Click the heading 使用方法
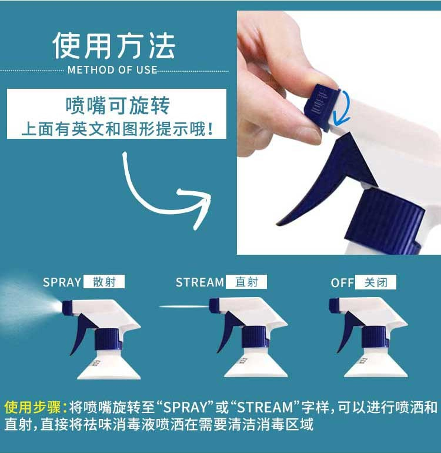114,46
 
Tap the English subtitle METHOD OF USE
112,70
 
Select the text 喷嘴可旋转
117,105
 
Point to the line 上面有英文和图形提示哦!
117,129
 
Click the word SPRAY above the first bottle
62,282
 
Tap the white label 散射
104,282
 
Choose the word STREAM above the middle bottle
199,282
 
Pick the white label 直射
246,282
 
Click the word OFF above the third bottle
342,283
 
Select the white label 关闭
376,282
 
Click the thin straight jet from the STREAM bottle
184,307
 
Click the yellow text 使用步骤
33,407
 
